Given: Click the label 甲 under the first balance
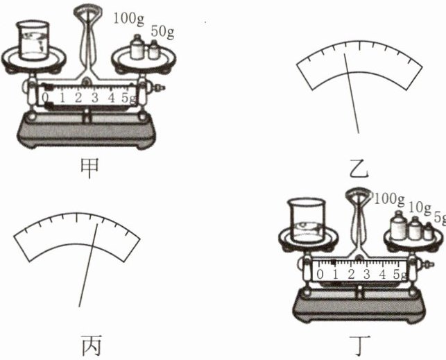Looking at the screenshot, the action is click(89, 168).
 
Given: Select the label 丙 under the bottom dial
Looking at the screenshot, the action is click(92, 345).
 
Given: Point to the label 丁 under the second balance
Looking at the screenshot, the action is click(360, 345).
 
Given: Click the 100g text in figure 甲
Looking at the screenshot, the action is click(129, 19).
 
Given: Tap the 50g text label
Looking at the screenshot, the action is click(162, 32).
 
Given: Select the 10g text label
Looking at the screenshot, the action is click(420, 208).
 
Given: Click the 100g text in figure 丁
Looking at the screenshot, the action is click(389, 199).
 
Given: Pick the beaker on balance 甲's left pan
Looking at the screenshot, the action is click(33, 40).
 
